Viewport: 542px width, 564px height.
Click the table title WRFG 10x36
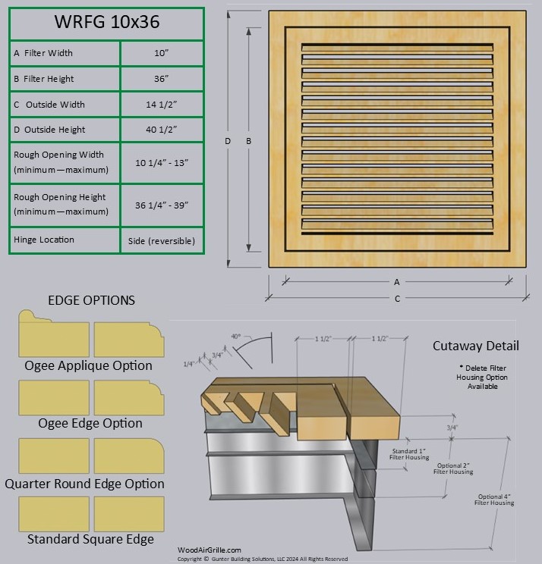point(106,23)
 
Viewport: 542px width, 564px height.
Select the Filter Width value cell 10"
point(161,53)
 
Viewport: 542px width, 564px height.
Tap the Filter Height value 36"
point(161,79)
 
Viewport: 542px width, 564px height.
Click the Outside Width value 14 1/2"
point(161,105)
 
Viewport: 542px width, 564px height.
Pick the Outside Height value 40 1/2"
point(161,130)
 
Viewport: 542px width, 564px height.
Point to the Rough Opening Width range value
point(161,161)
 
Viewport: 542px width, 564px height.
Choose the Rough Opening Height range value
point(161,205)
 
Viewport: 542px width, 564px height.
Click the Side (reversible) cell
point(161,241)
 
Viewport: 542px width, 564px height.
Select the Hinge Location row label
point(44,240)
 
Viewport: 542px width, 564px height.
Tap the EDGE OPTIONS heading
point(91,300)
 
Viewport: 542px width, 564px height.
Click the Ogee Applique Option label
point(88,365)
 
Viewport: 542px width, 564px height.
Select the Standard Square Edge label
point(90,540)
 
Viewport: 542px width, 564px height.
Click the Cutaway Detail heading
point(476,346)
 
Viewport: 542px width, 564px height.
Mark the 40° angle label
point(235,336)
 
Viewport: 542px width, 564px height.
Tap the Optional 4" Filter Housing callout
point(494,499)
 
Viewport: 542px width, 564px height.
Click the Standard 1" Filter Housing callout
point(408,455)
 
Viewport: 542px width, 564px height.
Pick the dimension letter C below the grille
point(397,299)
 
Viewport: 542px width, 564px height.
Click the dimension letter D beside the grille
point(227,141)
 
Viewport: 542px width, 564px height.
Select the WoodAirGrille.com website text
point(209,550)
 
